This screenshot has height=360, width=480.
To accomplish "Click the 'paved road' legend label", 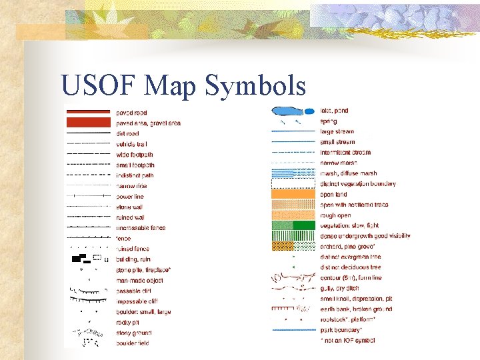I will [131, 113].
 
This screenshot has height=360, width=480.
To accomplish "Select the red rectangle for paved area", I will [88, 123].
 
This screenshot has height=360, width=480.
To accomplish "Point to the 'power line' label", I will [129, 197].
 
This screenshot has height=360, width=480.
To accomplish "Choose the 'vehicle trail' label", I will [131, 144].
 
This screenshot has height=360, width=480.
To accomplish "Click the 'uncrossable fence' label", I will [141, 228].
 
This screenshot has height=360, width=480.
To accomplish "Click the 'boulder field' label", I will [132, 343].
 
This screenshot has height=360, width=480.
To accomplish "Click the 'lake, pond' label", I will [334, 111].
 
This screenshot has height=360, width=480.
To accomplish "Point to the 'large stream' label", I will [337, 132].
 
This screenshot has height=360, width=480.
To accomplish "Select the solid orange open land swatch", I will [293, 194].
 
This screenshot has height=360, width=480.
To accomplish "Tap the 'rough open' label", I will [335, 215].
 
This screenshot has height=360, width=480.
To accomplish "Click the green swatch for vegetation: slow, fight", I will [293, 225].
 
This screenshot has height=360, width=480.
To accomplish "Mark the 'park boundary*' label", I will [341, 330].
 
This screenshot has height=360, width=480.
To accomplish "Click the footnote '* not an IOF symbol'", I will [347, 341].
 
